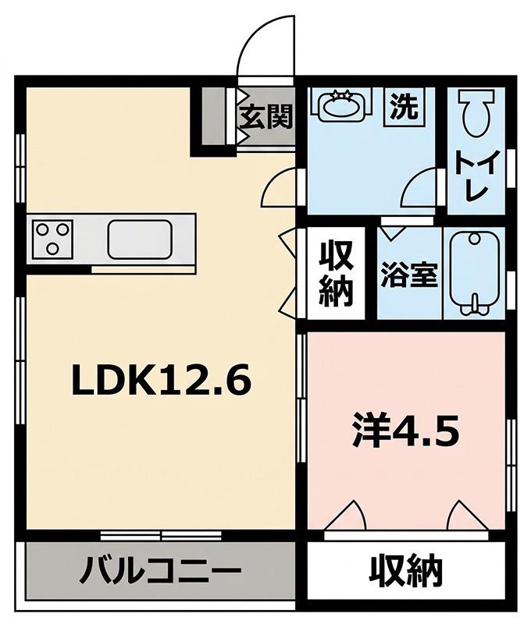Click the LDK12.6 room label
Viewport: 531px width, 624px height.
pyautogui.click(x=162, y=379)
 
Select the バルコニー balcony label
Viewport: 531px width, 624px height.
pyautogui.click(x=160, y=572)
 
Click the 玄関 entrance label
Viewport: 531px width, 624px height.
pyautogui.click(x=266, y=116)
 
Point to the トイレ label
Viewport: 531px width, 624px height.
pyautogui.click(x=477, y=175)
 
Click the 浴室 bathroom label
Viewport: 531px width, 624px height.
pyautogui.click(x=409, y=275)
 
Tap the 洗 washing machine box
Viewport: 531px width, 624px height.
pyautogui.click(x=404, y=107)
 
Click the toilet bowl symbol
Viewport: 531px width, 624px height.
pyautogui.click(x=476, y=112)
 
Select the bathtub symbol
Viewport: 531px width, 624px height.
pyautogui.click(x=474, y=275)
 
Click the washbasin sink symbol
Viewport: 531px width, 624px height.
pyautogui.click(x=341, y=105)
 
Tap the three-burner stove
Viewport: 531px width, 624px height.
pyautogui.click(x=52, y=239)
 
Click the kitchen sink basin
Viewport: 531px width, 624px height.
pyautogui.click(x=140, y=239)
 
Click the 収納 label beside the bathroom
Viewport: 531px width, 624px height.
pyautogui.click(x=337, y=274)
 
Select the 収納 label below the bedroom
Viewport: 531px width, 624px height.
pyautogui.click(x=405, y=571)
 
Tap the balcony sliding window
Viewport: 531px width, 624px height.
pyautogui.click(x=161, y=535)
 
